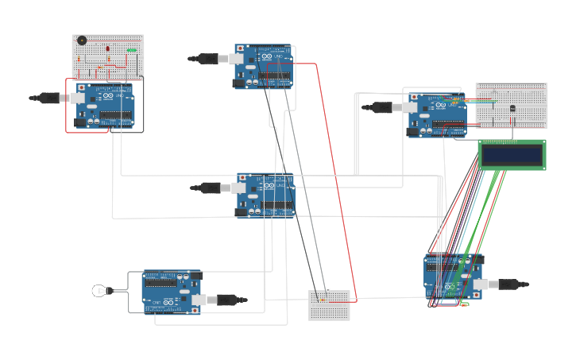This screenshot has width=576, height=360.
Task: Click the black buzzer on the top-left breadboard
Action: click(x=82, y=41)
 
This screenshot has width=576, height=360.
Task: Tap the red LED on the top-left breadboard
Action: click(x=107, y=49)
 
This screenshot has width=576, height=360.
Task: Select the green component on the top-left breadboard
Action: click(x=130, y=50)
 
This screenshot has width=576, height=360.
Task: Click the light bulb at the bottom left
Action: click(x=99, y=291)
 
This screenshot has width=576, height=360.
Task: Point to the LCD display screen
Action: click(x=512, y=154)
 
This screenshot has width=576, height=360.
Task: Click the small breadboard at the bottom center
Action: click(x=329, y=305)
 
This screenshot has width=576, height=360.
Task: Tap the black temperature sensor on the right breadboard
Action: click(x=512, y=107)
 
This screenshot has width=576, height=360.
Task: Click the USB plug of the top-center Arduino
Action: click(x=211, y=58)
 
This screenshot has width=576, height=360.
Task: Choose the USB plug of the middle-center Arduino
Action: click(x=213, y=188)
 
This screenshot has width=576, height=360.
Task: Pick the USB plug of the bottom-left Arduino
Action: click(x=224, y=300)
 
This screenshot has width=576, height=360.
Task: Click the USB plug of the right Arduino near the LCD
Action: click(x=385, y=107)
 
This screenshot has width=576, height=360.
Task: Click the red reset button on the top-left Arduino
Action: click(x=82, y=87)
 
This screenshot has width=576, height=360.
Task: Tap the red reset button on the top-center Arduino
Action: click(x=241, y=48)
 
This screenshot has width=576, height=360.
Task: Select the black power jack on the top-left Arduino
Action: click(x=80, y=122)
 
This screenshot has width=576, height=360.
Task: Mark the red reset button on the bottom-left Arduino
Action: click(x=195, y=310)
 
